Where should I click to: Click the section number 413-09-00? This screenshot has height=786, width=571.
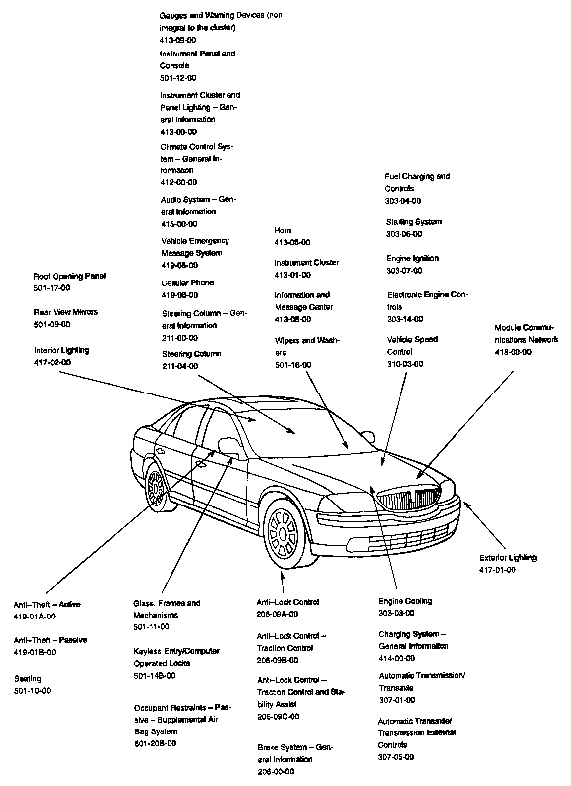click(178, 40)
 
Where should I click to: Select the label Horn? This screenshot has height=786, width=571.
click(283, 230)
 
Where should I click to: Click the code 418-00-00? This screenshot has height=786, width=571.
click(513, 352)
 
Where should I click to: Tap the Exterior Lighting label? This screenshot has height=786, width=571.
click(508, 558)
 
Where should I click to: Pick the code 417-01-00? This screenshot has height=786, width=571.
click(497, 570)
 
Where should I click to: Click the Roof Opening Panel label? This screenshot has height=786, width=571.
click(69, 276)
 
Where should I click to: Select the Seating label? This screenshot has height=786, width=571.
click(28, 678)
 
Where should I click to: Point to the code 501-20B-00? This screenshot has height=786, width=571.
click(155, 743)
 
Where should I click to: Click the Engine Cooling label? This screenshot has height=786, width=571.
click(405, 601)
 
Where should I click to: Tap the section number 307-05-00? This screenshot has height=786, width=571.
click(396, 757)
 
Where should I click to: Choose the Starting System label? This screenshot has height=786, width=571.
click(414, 222)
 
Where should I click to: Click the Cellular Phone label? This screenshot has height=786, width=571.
click(187, 283)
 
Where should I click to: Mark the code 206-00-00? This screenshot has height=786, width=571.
click(276, 772)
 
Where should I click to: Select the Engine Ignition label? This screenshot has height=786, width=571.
click(412, 258)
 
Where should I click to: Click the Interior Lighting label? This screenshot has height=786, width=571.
click(61, 350)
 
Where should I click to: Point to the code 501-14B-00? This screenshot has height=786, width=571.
click(155, 675)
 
